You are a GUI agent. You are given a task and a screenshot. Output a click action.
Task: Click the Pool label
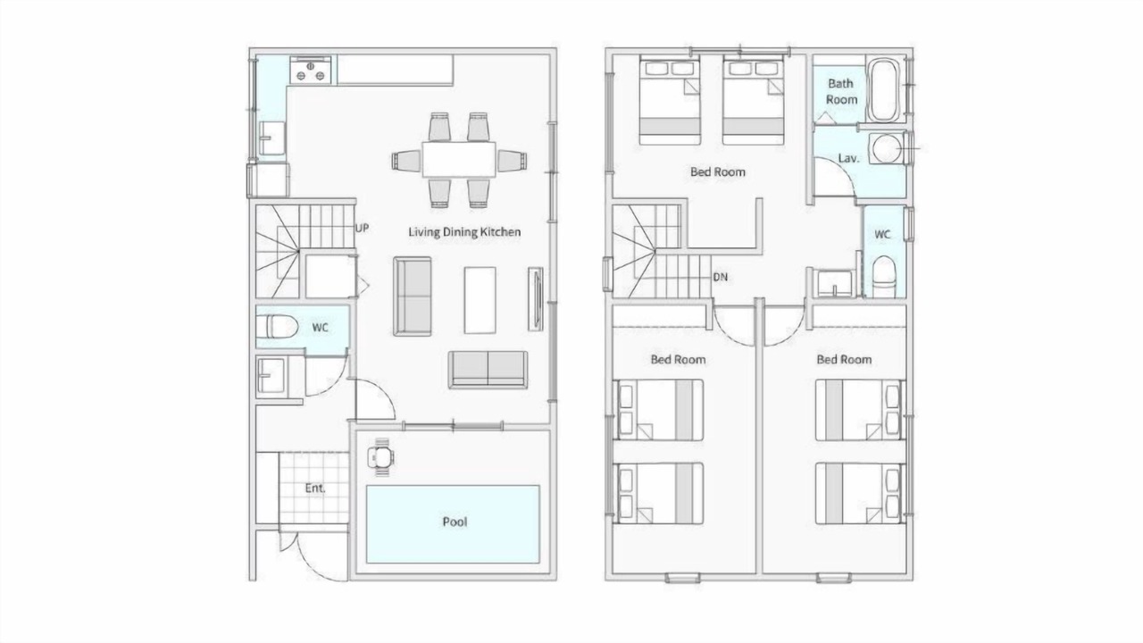click(x=455, y=522)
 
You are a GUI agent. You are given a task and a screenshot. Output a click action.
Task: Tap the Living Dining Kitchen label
click(x=464, y=232)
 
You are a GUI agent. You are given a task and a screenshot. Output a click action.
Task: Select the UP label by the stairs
click(x=362, y=228)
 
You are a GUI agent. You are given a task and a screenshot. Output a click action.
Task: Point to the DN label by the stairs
click(x=720, y=277)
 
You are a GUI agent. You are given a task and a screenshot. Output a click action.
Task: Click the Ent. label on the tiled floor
click(x=315, y=489)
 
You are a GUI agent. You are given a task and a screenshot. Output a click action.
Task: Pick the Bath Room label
click(x=841, y=91)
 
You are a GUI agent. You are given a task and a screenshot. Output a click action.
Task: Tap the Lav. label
click(x=848, y=159)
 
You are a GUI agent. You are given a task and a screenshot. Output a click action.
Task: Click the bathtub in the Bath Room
click(x=884, y=90)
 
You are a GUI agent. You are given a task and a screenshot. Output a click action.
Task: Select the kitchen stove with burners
click(x=310, y=70)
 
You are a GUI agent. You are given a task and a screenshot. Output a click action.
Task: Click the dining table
click(x=459, y=160)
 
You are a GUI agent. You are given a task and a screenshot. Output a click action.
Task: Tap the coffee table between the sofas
click(x=480, y=300)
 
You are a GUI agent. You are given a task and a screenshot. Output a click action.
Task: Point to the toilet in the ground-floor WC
click(x=277, y=327)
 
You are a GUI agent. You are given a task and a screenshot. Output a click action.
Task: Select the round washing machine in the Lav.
click(x=887, y=148)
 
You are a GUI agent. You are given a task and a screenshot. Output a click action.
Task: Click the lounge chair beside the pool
click(x=380, y=457)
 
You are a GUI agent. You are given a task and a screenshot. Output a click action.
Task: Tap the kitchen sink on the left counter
click(x=271, y=138)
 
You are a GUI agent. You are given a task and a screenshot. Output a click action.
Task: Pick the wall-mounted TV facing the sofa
click(x=536, y=299)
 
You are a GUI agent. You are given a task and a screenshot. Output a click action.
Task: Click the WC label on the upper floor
click(x=882, y=234)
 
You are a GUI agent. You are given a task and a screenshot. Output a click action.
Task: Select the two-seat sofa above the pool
click(x=488, y=370)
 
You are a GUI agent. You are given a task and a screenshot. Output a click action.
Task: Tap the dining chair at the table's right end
click(x=513, y=162)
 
